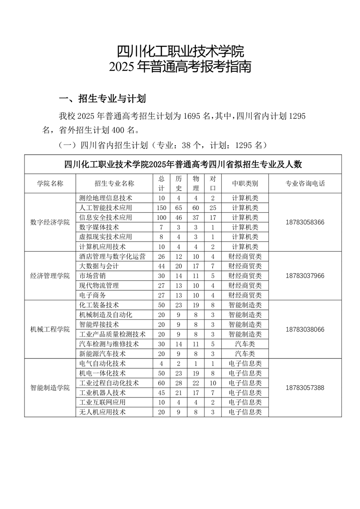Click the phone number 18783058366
click(x=305, y=222)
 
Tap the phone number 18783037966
click(x=305, y=276)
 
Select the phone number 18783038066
click(x=305, y=329)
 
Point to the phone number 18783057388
click(x=305, y=388)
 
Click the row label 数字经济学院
click(x=50, y=222)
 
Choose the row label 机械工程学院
click(x=50, y=329)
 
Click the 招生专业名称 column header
click(x=114, y=183)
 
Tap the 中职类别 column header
click(x=245, y=183)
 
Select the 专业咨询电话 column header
click(x=305, y=183)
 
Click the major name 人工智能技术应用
click(x=105, y=208)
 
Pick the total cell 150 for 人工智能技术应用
click(x=161, y=208)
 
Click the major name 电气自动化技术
click(x=102, y=363)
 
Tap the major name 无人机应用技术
click(x=102, y=412)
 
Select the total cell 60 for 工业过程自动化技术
click(x=161, y=383)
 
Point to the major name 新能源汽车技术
click(x=102, y=354)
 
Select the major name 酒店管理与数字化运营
click(x=112, y=257)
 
